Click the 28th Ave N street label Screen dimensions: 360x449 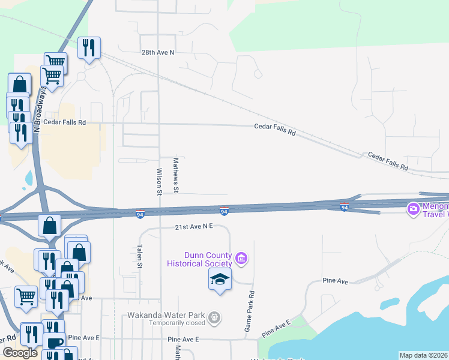pos(157,53)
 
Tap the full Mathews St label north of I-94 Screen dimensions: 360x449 pos(176,176)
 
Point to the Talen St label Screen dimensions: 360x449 pos(139,256)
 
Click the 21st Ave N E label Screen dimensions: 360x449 pos(194,227)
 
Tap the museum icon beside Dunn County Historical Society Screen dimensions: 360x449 pos(241,259)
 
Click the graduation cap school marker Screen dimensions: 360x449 pos(220,279)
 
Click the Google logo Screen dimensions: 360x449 pos(20,353)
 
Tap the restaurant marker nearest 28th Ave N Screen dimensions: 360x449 pos(89,48)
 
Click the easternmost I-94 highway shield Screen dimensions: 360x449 pos(344,208)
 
